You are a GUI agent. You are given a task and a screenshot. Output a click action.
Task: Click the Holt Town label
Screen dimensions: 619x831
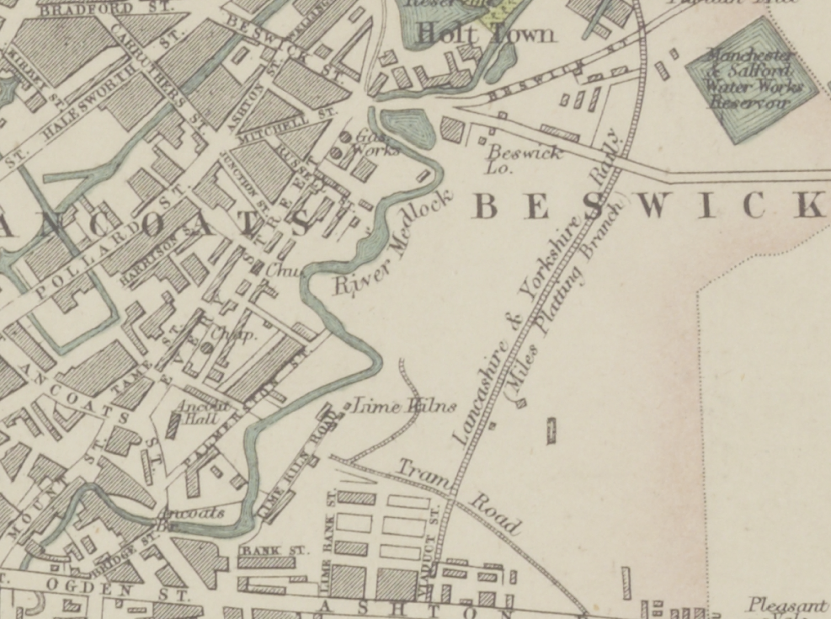click(x=487, y=35)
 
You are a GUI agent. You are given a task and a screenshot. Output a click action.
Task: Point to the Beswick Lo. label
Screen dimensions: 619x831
click(x=523, y=157)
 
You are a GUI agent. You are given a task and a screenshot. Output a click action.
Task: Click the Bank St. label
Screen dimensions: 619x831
click(x=264, y=551)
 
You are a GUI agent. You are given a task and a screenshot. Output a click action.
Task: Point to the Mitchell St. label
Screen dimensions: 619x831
click(x=286, y=126)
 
